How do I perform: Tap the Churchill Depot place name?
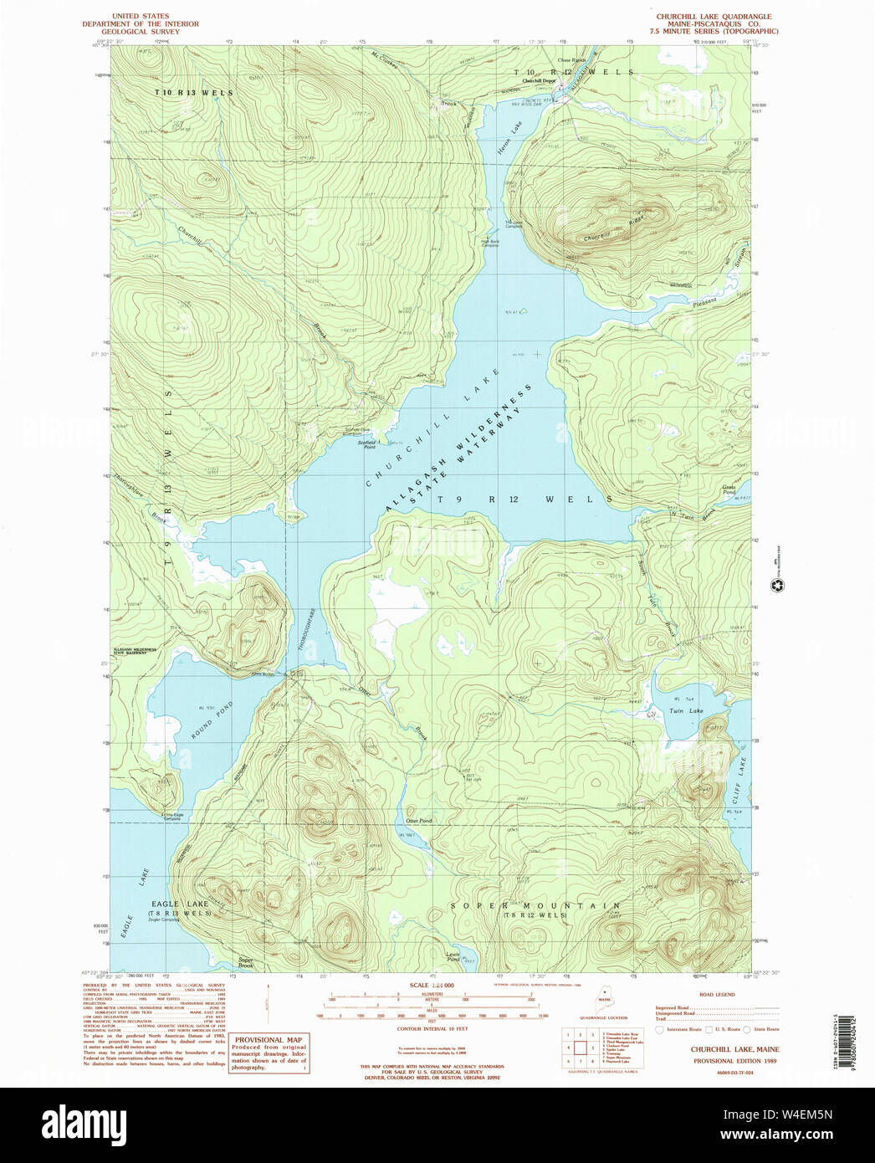pyautogui.click(x=540, y=80)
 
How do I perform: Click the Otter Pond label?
pyautogui.click(x=418, y=821)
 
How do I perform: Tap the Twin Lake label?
pyautogui.click(x=686, y=710)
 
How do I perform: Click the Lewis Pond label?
pyautogui.click(x=453, y=956)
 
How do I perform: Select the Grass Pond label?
pyautogui.click(x=729, y=489)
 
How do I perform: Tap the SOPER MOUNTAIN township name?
pyautogui.click(x=535, y=905)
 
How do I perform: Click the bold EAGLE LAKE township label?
pyautogui.click(x=180, y=904)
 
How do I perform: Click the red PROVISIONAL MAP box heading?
pyautogui.click(x=269, y=1039)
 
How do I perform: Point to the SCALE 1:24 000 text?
pyautogui.click(x=431, y=986)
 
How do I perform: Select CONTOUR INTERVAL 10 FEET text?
pyautogui.click(x=431, y=1027)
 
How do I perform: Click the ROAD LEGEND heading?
pyautogui.click(x=717, y=995)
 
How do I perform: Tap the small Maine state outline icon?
pyautogui.click(x=604, y=998)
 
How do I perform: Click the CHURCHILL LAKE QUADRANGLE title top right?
pyautogui.click(x=714, y=17)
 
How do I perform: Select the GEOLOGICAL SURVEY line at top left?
pyautogui.click(x=141, y=32)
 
